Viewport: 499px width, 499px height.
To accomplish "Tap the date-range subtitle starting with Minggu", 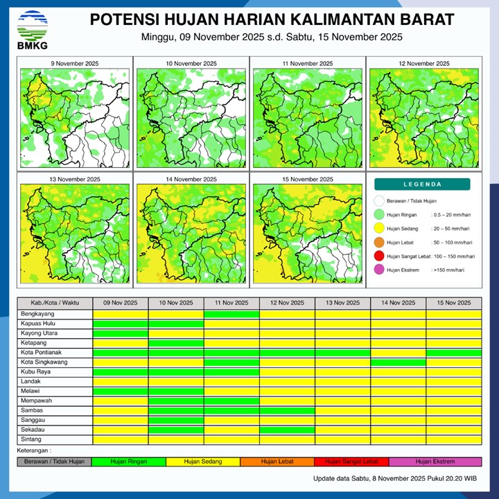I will [271, 37].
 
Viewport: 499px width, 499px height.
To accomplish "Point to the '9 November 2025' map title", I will [75, 64].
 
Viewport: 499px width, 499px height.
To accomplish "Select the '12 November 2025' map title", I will [423, 64].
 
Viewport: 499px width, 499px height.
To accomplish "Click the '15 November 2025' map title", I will [307, 179].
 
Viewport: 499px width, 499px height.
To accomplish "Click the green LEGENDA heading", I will [422, 184].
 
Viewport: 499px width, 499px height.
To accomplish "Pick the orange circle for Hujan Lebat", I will [378, 243].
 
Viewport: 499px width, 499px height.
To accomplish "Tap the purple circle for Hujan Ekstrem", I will [378, 270].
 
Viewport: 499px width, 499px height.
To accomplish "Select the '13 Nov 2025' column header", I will [342, 303].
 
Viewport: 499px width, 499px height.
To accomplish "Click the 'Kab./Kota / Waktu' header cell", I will [55, 303].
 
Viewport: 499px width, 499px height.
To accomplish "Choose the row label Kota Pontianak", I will [43, 353].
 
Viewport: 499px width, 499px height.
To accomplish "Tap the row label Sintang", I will [32, 439].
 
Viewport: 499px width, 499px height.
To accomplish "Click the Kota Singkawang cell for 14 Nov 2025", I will [398, 362].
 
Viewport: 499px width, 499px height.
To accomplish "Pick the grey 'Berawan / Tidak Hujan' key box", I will [54, 461].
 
